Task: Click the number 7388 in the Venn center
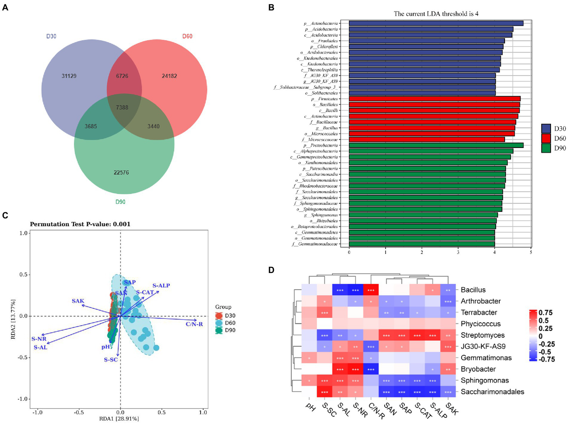click(x=122, y=107)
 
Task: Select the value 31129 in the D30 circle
click(x=69, y=76)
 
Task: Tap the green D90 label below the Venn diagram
click(x=120, y=202)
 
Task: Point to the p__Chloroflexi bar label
click(x=324, y=47)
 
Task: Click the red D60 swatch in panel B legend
click(x=546, y=138)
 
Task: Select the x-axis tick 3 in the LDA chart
click(x=458, y=252)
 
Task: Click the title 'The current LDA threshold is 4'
click(x=436, y=14)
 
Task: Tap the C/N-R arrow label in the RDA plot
click(x=194, y=324)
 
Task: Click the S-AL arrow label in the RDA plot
click(x=40, y=347)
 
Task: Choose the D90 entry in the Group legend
click(x=230, y=330)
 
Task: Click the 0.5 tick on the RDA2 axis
click(x=24, y=275)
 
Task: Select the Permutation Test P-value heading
click(x=80, y=224)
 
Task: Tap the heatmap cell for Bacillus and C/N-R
click(x=371, y=290)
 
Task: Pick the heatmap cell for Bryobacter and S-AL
click(x=340, y=369)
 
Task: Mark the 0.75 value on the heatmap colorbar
click(x=545, y=313)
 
